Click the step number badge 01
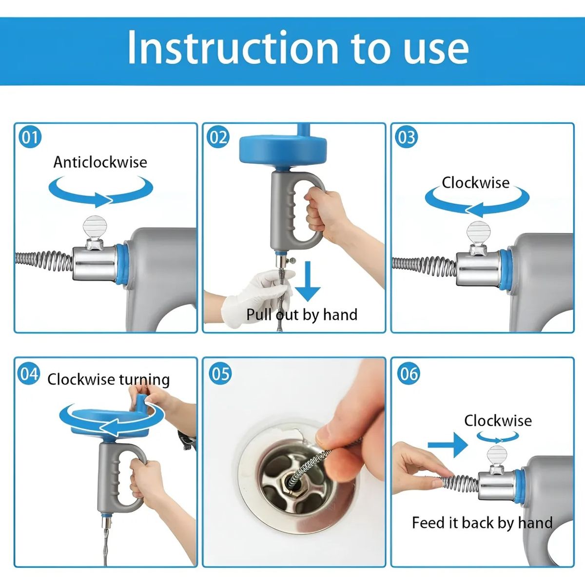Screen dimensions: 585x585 click(x=30, y=137)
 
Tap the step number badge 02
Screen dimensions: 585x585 click(x=218, y=137)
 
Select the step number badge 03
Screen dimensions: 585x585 click(x=406, y=137)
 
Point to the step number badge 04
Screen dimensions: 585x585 click(x=29, y=374)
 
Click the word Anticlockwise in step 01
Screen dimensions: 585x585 click(x=100, y=162)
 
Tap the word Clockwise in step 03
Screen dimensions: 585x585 click(x=476, y=183)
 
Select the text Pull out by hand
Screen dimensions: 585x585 click(x=302, y=314)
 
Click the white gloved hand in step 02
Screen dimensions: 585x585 click(x=258, y=295)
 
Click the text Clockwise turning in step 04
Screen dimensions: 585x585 click(x=108, y=380)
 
